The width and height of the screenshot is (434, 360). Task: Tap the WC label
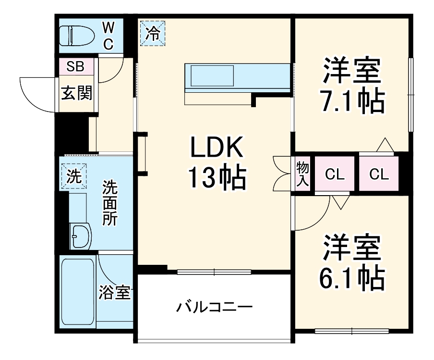click(x=108, y=35)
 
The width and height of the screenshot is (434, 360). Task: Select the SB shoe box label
click(x=75, y=67)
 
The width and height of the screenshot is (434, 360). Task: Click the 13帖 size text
click(x=217, y=177)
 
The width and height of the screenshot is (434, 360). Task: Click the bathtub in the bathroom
click(x=77, y=292)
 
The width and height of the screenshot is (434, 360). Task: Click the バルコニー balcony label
click(x=214, y=307)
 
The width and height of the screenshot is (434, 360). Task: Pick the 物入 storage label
click(x=302, y=174)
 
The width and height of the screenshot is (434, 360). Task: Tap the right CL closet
click(x=379, y=174)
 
